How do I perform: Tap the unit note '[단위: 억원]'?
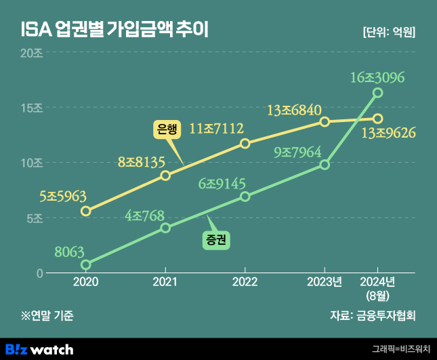[x=389, y=31]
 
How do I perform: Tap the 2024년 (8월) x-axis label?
[x=377, y=288]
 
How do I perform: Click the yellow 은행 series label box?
[x=166, y=129]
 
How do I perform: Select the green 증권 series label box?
[x=217, y=239]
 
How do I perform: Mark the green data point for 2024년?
[x=378, y=92]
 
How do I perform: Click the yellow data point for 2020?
[x=85, y=211]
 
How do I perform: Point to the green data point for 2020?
[x=85, y=264]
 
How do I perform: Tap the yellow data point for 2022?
[x=245, y=143]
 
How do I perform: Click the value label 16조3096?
[x=377, y=77]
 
